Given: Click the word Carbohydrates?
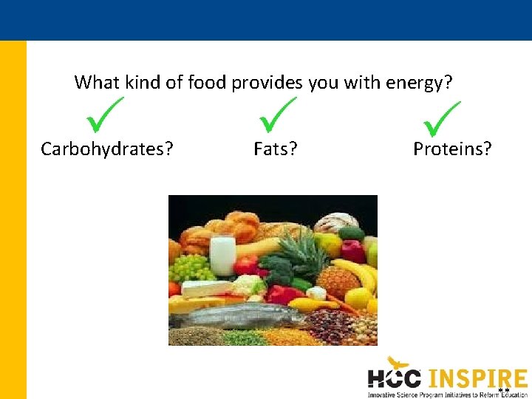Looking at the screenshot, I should pos(107,149).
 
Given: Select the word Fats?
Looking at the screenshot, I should pos(276,149).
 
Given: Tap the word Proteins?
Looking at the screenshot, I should pos(452,149).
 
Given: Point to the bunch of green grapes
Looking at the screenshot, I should pos(191,267).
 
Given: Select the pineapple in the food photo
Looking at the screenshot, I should pos(336,277).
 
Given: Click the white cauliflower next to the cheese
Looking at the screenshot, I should pos(248,285).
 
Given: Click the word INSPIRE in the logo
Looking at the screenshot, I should pos(477,378).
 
